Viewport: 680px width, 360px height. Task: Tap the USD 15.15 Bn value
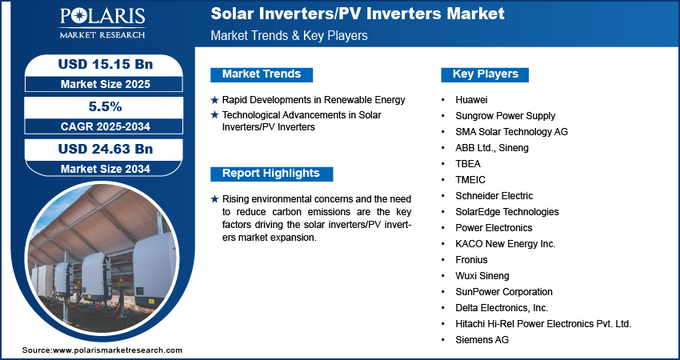click(x=100, y=63)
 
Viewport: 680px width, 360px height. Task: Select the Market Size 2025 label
click(x=100, y=83)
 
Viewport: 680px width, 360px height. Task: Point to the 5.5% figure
click(x=100, y=106)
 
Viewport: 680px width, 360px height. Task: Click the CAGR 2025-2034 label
click(x=100, y=126)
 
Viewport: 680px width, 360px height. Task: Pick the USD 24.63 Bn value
click(x=100, y=149)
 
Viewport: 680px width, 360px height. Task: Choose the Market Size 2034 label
click(x=100, y=169)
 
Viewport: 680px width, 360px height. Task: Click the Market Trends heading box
click(x=262, y=74)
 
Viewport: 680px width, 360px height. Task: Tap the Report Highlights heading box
click(x=270, y=174)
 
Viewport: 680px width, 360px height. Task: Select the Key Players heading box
click(x=486, y=74)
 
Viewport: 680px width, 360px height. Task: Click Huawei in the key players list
click(x=472, y=100)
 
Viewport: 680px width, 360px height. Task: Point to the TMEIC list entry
click(x=470, y=180)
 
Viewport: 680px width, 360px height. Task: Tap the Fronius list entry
click(x=471, y=260)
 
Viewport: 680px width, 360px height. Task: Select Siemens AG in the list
click(x=482, y=340)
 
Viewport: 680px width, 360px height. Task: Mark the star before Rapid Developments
click(x=214, y=100)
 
